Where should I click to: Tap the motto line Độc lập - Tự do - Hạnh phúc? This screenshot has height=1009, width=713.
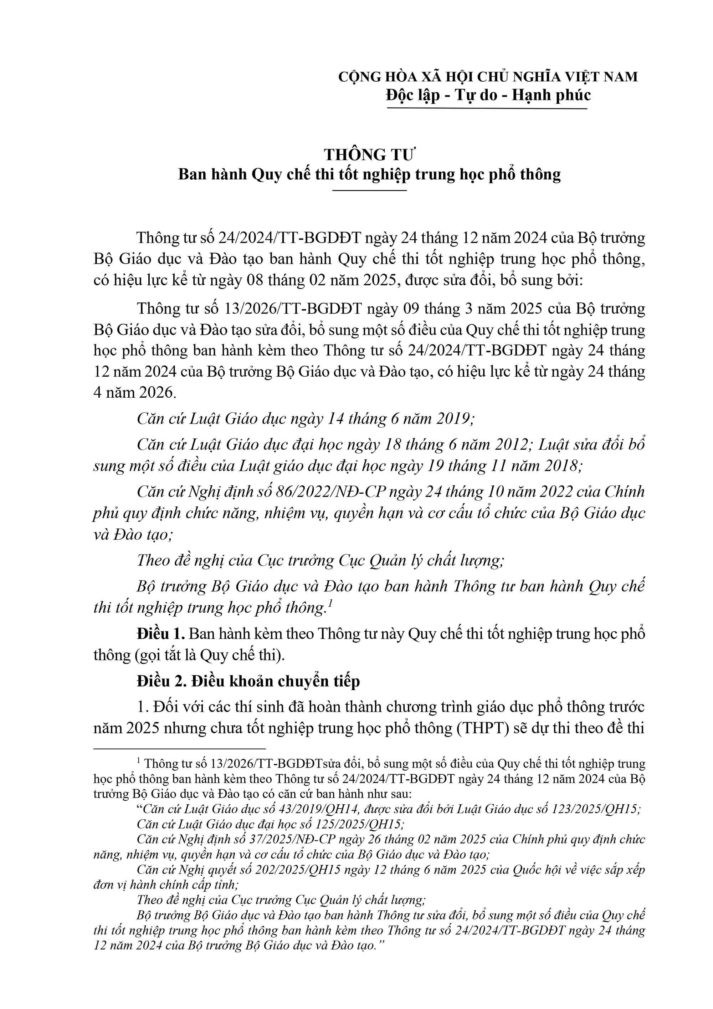point(488,95)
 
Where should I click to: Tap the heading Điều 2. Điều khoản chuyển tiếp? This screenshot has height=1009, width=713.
point(248,681)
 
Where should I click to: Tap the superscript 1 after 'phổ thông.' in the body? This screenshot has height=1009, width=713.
point(329,604)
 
